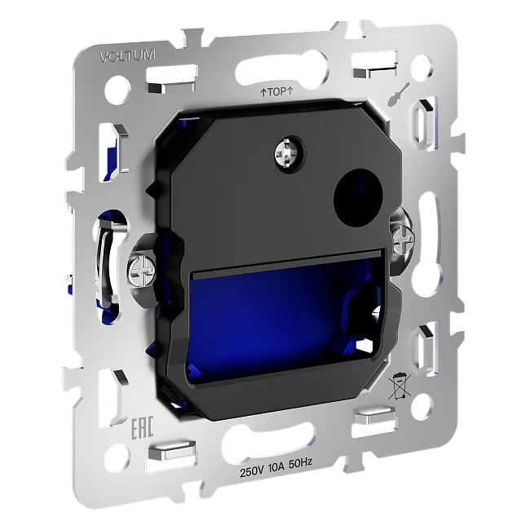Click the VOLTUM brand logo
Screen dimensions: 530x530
pos(128,56)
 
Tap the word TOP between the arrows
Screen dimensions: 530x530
pos(276,92)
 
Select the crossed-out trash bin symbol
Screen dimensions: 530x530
pos(400,386)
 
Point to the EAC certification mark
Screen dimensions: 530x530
pos(143,428)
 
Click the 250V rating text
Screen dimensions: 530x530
pos(252,471)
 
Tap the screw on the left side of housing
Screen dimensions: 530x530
pos(142,270)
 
